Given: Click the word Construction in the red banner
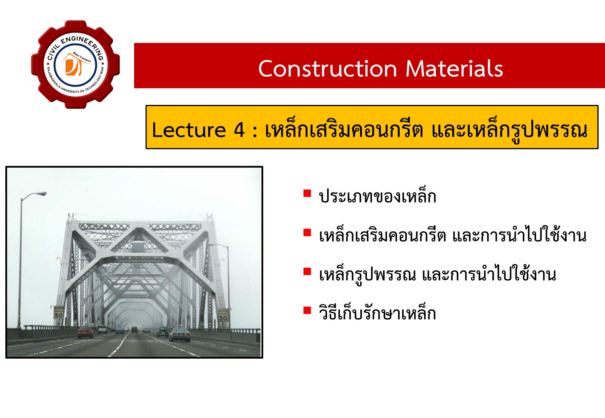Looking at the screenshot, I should tap(328, 69).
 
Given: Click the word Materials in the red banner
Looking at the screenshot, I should tap(454, 69).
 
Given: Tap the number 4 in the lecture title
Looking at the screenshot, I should tap(239, 130).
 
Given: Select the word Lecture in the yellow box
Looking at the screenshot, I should tap(189, 130).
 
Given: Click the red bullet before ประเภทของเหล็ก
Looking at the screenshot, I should tap(307, 193).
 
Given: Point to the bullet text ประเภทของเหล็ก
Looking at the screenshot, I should tap(377, 197).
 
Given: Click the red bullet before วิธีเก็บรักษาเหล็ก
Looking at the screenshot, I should tap(307, 310).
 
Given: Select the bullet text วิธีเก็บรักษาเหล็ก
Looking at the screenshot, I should tap(377, 313).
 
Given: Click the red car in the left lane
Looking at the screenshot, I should tap(85, 332).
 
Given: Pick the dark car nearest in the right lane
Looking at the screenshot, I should tap(180, 335).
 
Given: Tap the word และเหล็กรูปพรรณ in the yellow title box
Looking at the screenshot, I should tap(509, 130).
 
